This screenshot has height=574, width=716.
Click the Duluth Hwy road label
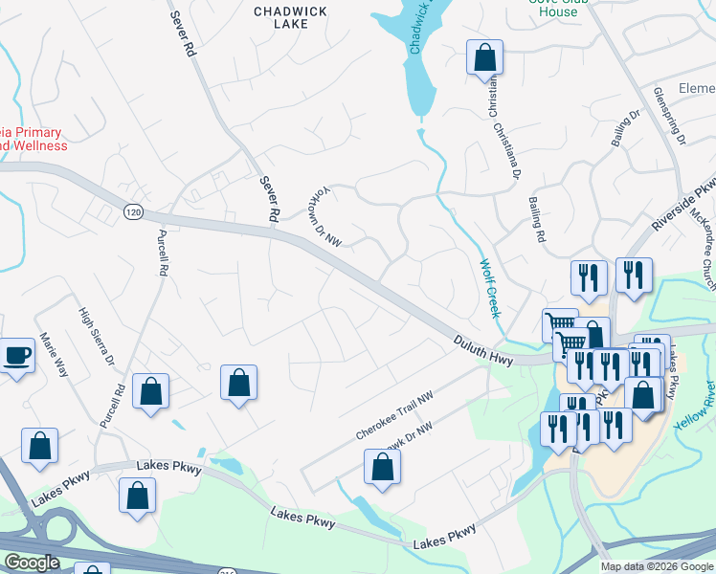pyautogui.click(x=483, y=348)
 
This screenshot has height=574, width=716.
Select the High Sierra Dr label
pyautogui.click(x=97, y=341)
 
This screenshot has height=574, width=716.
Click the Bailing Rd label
pyautogui.click(x=536, y=219)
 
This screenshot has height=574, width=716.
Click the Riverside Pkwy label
pyautogui.click(x=682, y=208)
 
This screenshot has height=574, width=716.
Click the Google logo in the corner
pyautogui.click(x=32, y=563)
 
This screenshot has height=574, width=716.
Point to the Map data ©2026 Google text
pyautogui.click(x=657, y=566)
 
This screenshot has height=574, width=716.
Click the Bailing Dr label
pyautogui.click(x=624, y=129)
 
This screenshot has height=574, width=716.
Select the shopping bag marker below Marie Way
pyautogui.click(x=39, y=446)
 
